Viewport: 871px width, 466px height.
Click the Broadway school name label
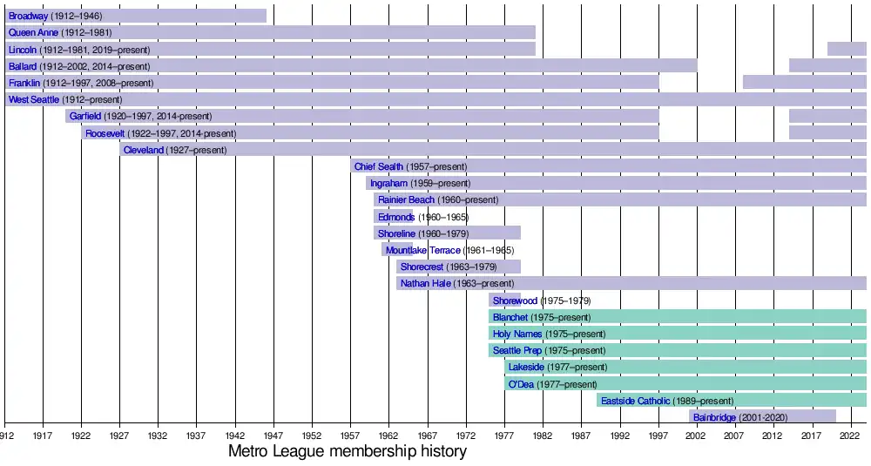[27, 16]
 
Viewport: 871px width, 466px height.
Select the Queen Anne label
[33, 32]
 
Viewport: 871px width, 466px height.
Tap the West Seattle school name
[34, 99]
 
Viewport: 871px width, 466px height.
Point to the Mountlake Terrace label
[422, 250]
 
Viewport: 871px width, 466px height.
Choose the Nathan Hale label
[425, 283]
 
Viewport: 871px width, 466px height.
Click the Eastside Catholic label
[635, 401]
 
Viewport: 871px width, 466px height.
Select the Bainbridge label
[714, 417]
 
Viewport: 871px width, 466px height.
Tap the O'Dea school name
[521, 384]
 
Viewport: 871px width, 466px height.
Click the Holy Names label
[517, 334]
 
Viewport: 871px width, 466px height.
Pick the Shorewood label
[515, 301]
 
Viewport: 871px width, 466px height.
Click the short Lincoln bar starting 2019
[846, 49]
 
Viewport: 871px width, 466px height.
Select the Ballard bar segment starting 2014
[827, 65]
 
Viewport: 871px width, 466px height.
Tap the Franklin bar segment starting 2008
[804, 82]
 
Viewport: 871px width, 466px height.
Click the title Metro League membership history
[347, 452]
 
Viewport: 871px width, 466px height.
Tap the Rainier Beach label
[406, 199]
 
